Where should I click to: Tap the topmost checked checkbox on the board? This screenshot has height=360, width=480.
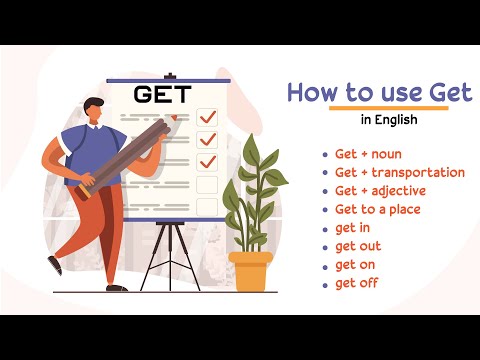click(x=207, y=116)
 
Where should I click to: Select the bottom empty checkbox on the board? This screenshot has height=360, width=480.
click(x=207, y=206)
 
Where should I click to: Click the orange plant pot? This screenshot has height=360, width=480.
click(x=250, y=270)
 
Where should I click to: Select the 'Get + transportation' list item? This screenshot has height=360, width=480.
click(x=400, y=173)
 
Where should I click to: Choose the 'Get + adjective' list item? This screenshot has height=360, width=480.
click(x=381, y=191)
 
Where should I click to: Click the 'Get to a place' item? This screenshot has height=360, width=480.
click(x=378, y=209)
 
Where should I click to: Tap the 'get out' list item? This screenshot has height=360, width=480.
click(x=358, y=246)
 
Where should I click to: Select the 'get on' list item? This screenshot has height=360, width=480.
click(x=356, y=264)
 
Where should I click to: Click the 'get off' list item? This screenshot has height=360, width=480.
click(x=357, y=283)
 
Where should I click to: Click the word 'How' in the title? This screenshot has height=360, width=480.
click(x=311, y=93)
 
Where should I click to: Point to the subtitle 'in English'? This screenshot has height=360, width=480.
click(x=389, y=121)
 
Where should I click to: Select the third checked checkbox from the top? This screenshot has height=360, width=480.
click(x=207, y=161)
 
